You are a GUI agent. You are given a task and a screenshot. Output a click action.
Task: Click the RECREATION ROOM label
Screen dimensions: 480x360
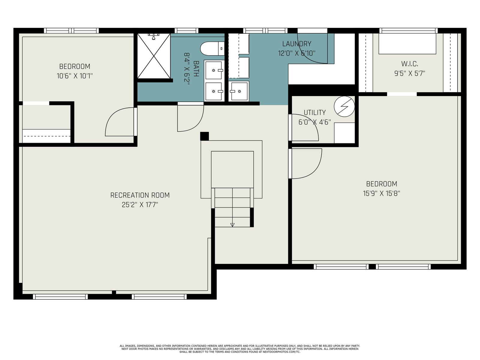pos(140,195)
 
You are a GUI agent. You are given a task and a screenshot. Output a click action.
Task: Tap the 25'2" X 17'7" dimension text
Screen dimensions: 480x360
pos(140,205)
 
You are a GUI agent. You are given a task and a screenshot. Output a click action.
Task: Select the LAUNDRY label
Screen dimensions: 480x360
pos(297,44)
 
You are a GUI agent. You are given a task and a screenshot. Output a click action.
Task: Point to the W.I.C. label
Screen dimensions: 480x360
pos(409,64)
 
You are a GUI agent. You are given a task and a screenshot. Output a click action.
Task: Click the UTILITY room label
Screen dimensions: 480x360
pos(315,112)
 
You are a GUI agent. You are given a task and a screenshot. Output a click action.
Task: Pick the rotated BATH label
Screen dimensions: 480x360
pos(196,69)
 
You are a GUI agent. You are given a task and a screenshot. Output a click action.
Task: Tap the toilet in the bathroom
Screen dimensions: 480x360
pos(212,49)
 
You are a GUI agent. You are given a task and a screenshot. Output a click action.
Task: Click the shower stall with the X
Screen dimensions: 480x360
pos(154,56)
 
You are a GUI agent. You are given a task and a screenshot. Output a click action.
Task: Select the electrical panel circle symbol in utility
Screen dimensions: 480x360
pos(344,106)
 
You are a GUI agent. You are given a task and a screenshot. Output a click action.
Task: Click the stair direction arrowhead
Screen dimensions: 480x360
pos(232,225)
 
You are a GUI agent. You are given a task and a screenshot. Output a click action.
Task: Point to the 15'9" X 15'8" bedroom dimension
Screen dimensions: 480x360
pos(382,194)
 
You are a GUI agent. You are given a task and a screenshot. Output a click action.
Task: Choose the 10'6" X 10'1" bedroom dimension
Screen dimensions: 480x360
pos(75,76)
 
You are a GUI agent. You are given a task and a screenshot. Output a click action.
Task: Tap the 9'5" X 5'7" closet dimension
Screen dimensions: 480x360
pos(409,73)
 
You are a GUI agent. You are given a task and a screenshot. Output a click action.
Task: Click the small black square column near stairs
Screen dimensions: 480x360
pos(205,136)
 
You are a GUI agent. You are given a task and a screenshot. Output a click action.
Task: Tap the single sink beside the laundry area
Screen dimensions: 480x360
pos(239,91)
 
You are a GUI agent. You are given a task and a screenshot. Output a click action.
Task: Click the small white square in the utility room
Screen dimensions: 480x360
pos(344,133)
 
